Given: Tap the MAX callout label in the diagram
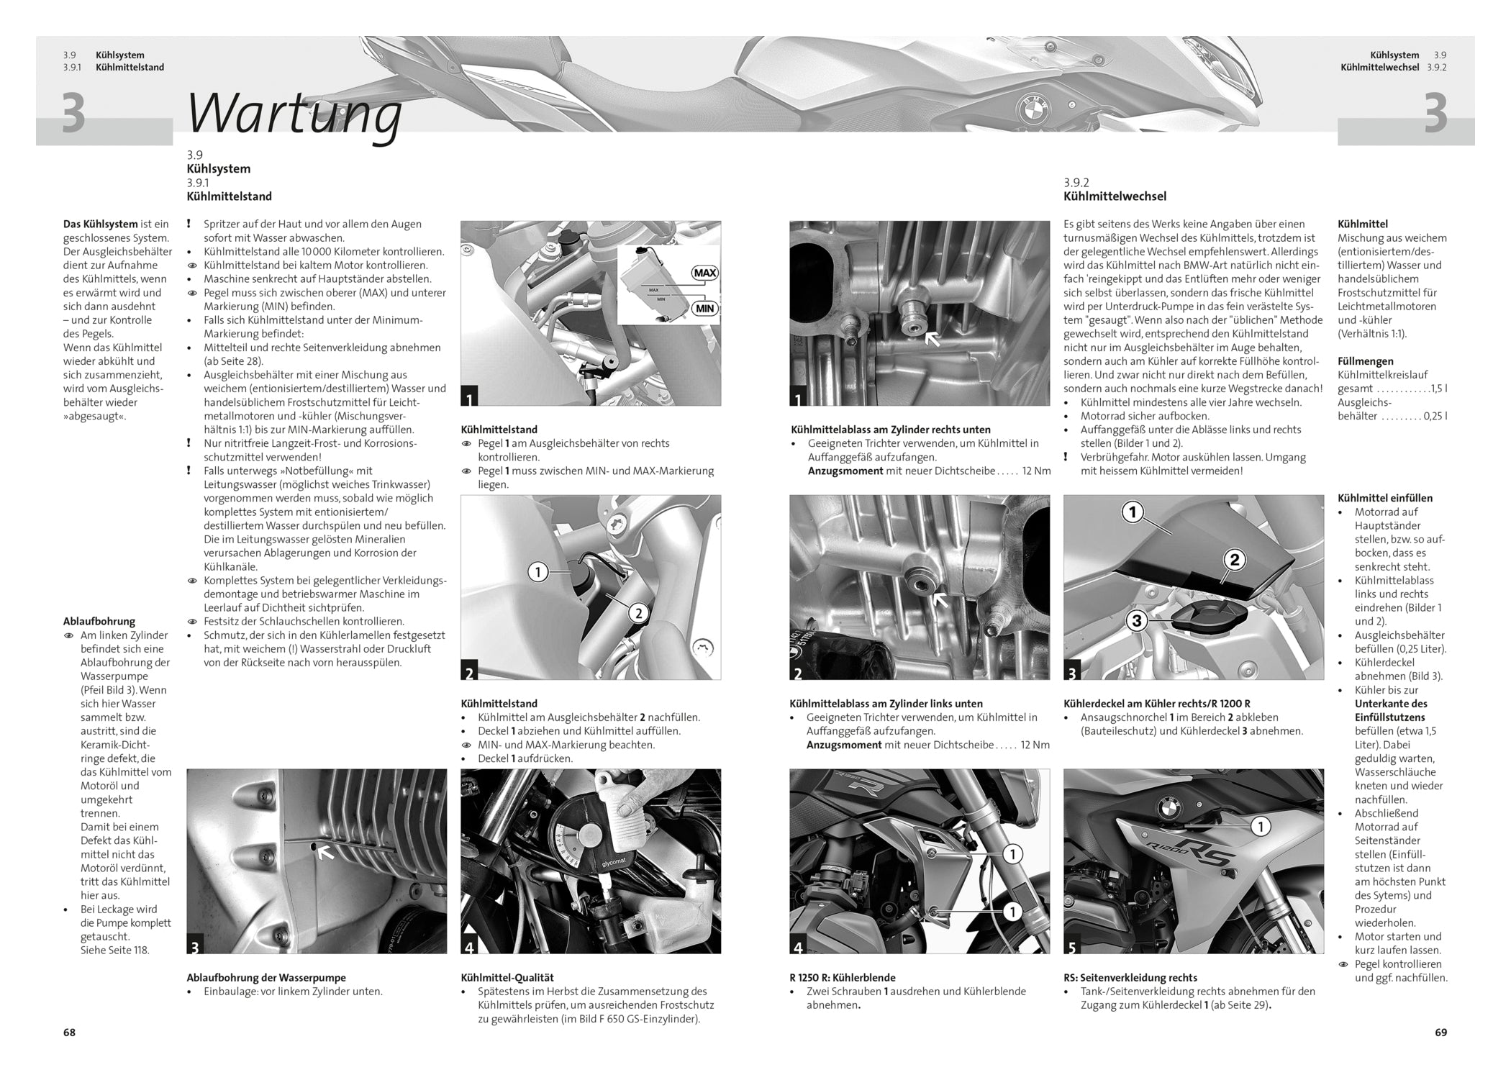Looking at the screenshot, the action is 705,273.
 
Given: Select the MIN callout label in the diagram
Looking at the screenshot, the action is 705,309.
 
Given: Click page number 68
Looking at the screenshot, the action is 69,1032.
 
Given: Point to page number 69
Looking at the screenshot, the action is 1440,1032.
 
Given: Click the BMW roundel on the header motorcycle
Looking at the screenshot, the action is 1033,109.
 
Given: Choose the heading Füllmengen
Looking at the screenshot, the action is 1365,361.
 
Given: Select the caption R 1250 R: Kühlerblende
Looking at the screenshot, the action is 843,978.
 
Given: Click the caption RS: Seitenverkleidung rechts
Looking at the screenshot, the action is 1130,978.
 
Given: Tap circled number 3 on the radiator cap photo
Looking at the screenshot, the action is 1137,620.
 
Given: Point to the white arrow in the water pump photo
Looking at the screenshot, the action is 326,853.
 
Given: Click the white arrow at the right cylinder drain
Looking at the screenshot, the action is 932,337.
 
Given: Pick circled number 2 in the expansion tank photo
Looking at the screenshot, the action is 638,613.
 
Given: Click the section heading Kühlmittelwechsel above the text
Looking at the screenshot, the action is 1115,196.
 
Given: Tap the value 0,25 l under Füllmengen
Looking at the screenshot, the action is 1435,416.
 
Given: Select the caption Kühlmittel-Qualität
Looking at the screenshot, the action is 507,978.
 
